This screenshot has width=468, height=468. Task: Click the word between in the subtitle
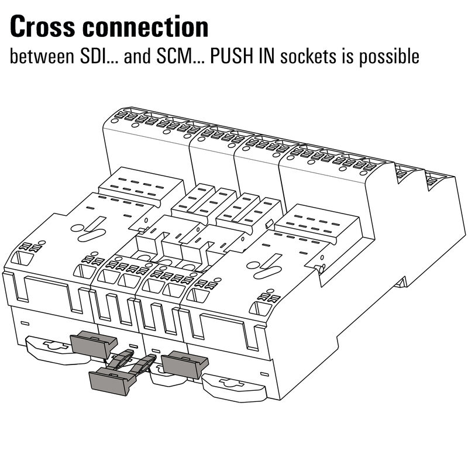(x=40, y=57)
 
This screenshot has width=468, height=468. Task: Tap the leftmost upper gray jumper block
(x=93, y=345)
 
